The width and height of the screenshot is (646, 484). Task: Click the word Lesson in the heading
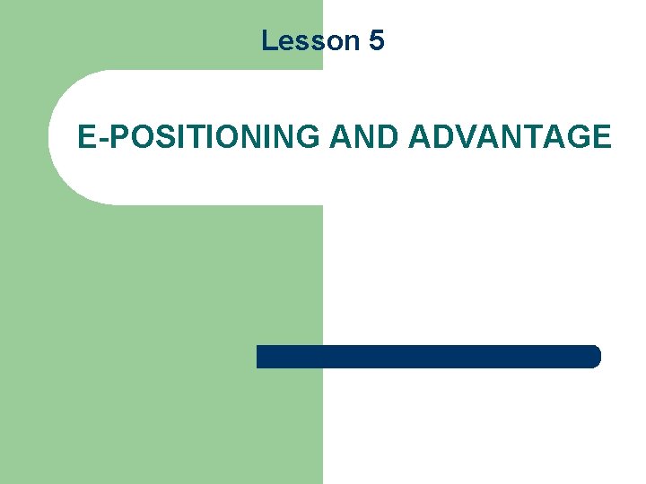click(x=310, y=40)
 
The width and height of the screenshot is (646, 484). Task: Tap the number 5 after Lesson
click(x=376, y=40)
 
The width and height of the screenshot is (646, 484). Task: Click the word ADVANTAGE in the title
click(x=510, y=137)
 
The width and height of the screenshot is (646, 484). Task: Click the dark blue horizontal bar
click(x=428, y=357)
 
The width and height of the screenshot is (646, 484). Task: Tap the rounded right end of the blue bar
click(x=594, y=357)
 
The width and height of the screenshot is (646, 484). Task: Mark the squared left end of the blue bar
click(x=260, y=357)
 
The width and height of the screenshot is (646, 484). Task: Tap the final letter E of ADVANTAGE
click(x=601, y=137)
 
